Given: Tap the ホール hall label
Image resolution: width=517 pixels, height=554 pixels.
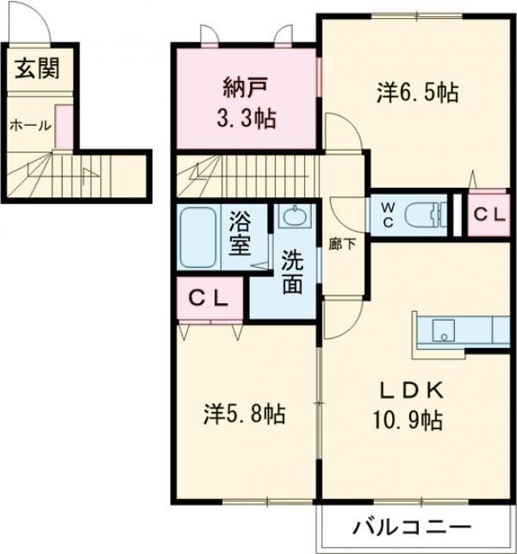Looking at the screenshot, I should pos(29,126).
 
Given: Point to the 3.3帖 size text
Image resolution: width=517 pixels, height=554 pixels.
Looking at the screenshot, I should pos(246,119).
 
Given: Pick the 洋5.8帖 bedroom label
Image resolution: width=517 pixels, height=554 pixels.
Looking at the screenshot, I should pos(244,414).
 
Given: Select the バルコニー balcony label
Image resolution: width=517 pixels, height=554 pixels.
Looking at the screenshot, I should pos(411,526).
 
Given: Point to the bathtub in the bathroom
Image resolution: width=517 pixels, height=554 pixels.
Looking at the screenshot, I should pos(199,236).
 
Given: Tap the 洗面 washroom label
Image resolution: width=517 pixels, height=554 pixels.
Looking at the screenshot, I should pos(291,271).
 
